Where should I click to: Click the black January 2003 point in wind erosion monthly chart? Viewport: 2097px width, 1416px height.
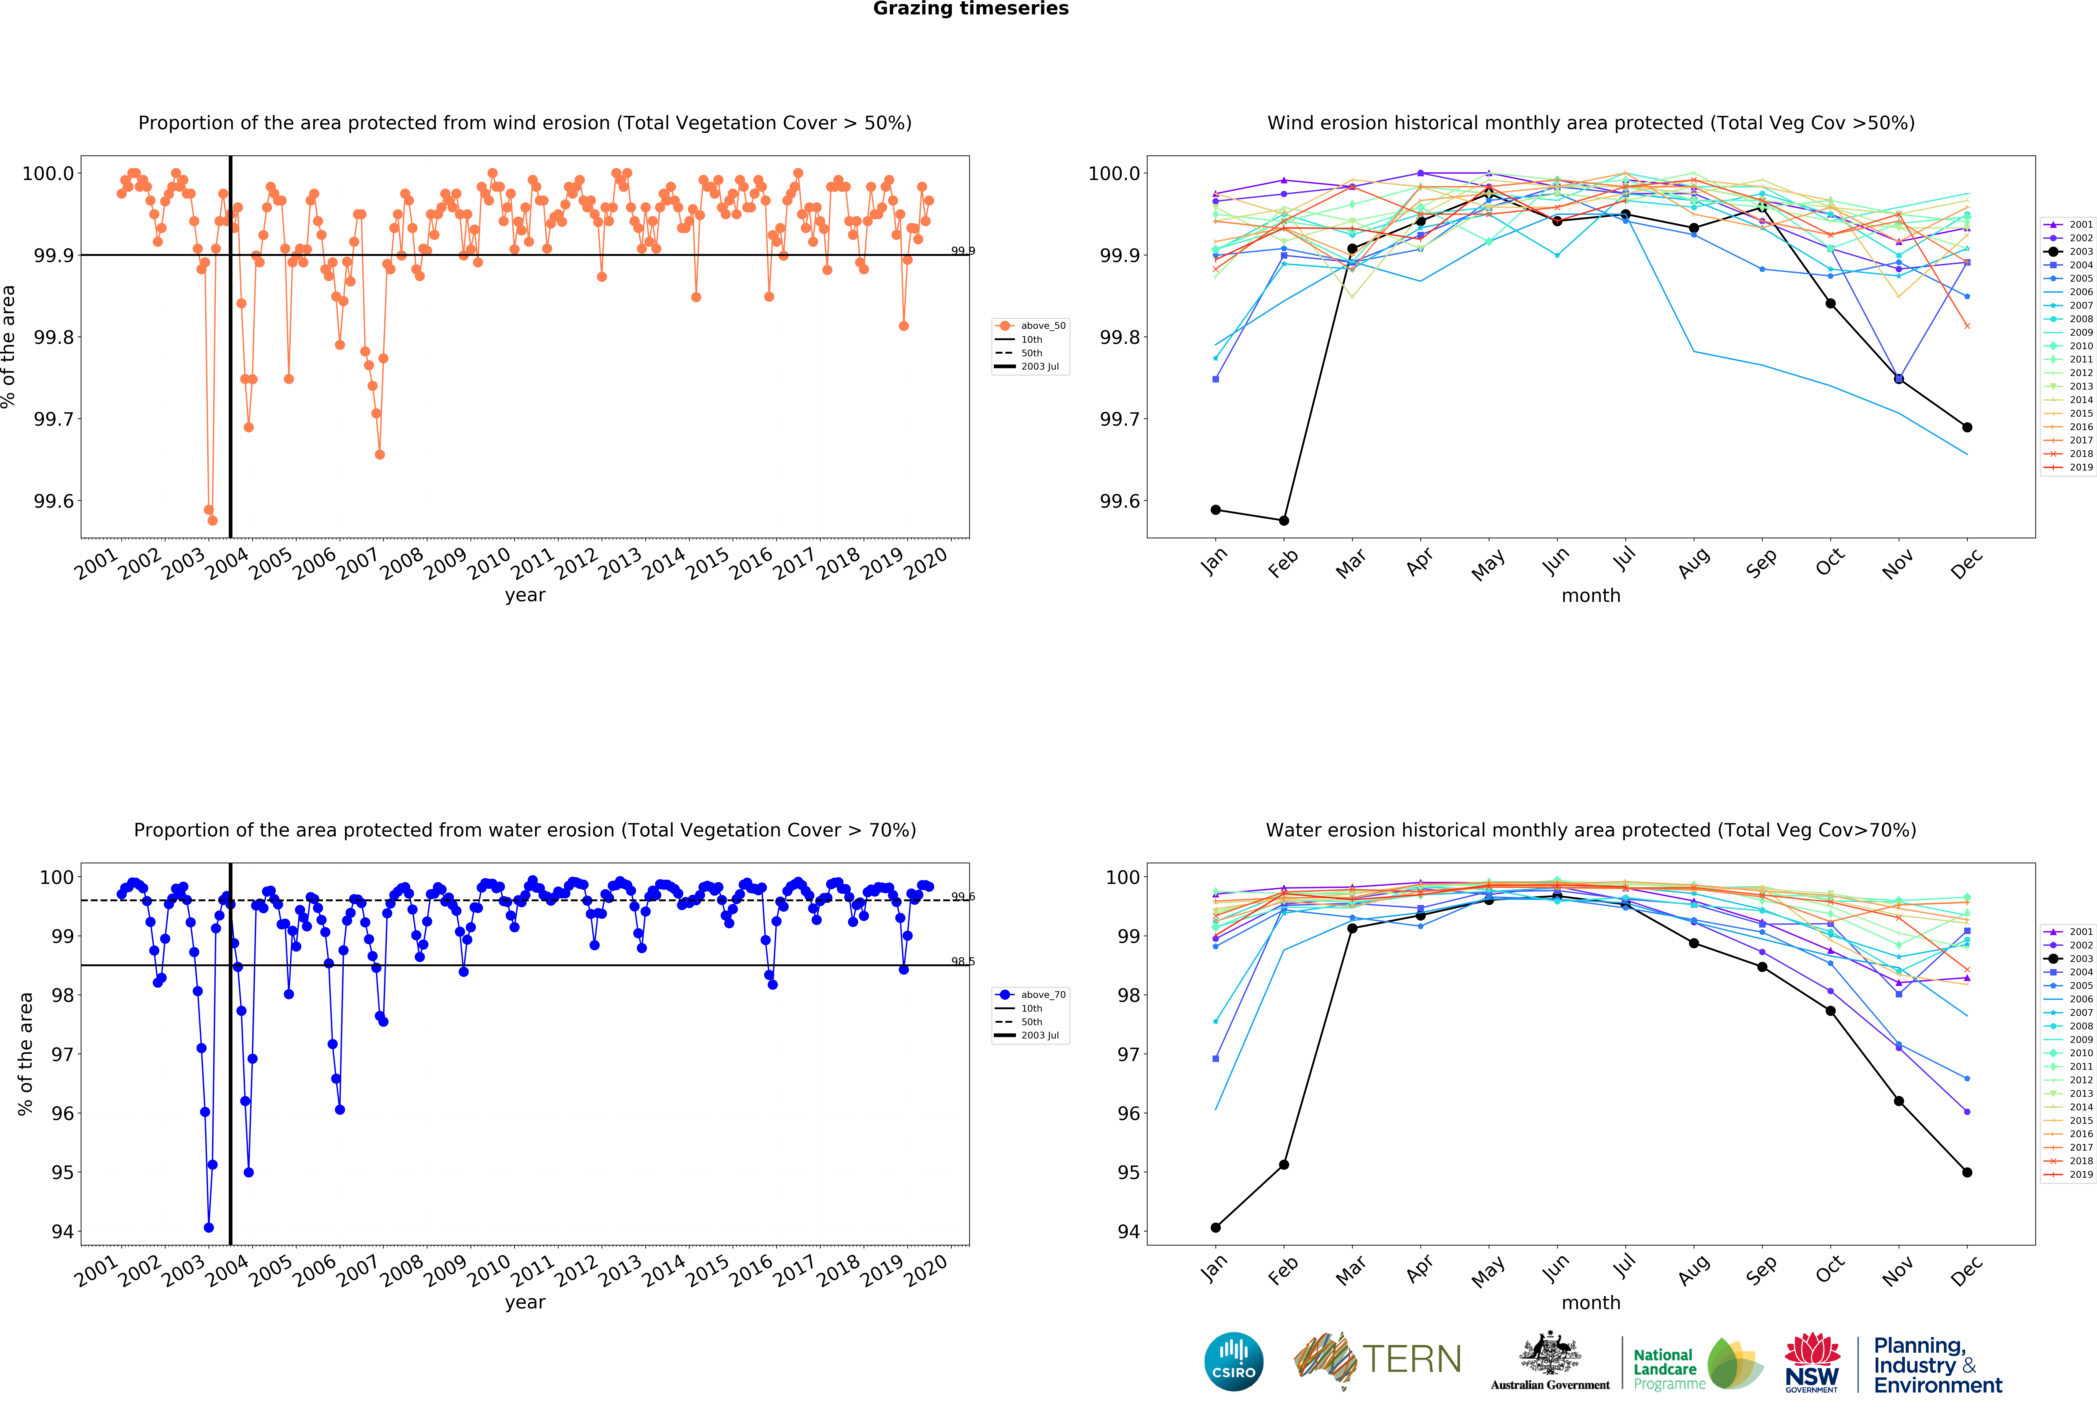(x=1215, y=510)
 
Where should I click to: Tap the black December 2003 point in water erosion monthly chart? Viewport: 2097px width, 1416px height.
(x=1967, y=1173)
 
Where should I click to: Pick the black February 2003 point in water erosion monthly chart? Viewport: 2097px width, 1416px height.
(x=1284, y=1164)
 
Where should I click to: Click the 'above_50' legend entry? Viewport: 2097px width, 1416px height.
(x=1042, y=326)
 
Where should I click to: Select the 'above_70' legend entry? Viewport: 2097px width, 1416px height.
(x=1042, y=995)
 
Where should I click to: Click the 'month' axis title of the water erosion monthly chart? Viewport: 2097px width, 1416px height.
(x=1591, y=1302)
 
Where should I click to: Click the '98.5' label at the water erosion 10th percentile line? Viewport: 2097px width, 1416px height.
(x=963, y=962)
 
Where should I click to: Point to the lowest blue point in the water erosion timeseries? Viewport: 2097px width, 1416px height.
(x=209, y=1228)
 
